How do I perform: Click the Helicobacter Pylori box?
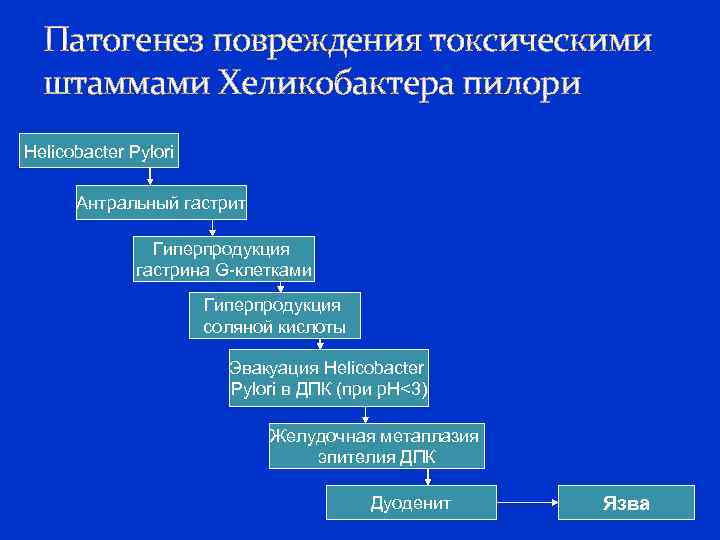click(99, 151)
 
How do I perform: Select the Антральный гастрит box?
click(162, 204)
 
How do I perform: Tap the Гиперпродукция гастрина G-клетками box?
click(224, 259)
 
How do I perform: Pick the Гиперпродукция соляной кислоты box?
click(274, 316)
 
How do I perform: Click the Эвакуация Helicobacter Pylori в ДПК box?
click(329, 377)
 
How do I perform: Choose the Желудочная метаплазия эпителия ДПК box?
click(376, 446)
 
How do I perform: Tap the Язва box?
click(625, 503)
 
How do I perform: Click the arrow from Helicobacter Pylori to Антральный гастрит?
click(149, 177)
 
